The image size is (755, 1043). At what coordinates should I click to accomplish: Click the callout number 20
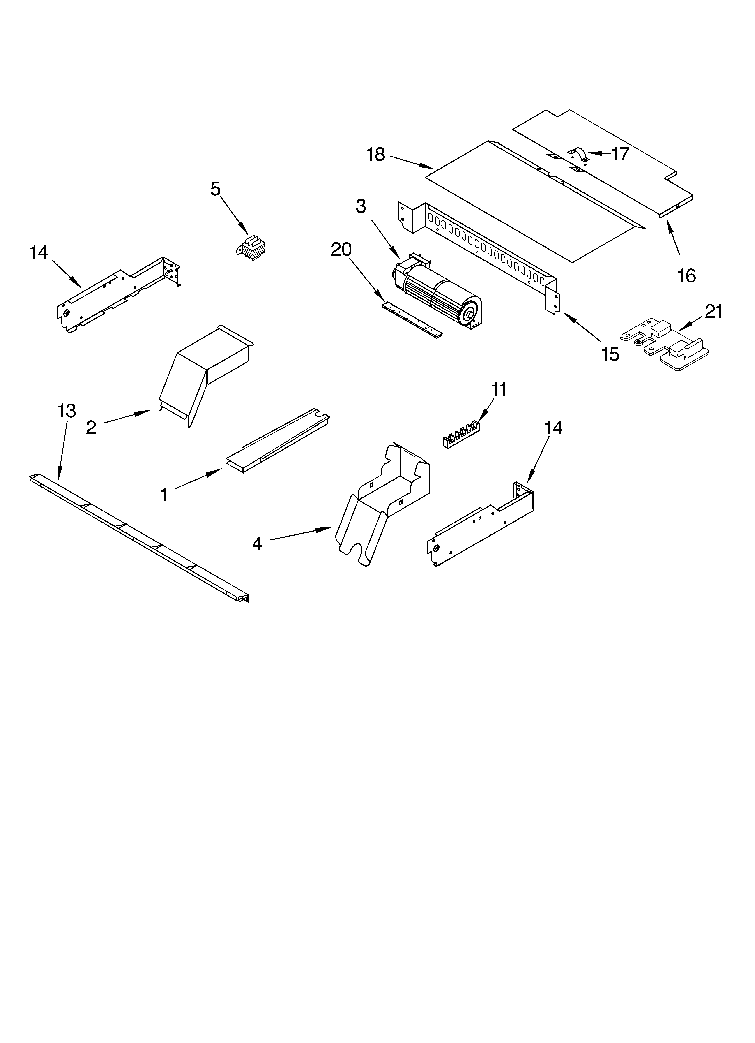click(341, 250)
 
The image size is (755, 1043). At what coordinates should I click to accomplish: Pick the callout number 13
click(67, 411)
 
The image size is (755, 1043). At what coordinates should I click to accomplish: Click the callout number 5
click(216, 189)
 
